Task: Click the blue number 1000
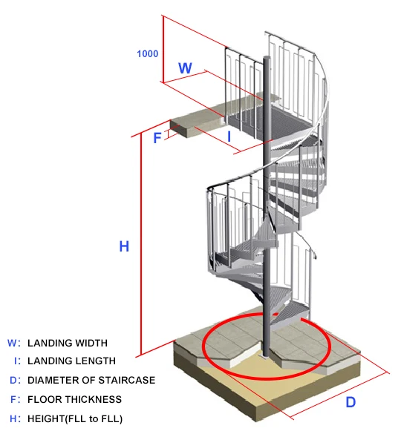pos(148,53)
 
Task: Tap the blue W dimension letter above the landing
pos(185,68)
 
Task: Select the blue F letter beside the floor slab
pos(157,138)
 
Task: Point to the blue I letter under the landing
pos(229,137)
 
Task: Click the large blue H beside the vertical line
pos(124,246)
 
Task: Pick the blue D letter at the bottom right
pos(351,402)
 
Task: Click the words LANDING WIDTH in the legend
pos(68,343)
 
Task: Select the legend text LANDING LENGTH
pos(71,361)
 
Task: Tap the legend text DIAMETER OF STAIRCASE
pos(91,380)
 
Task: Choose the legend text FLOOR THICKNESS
pos(74,399)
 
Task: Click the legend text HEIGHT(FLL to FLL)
pos(75,419)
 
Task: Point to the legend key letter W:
pos(14,343)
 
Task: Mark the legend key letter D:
pos(15,380)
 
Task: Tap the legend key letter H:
pos(15,418)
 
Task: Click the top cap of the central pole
pos(267,57)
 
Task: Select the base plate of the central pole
pos(266,357)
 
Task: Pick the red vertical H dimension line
pos(141,243)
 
